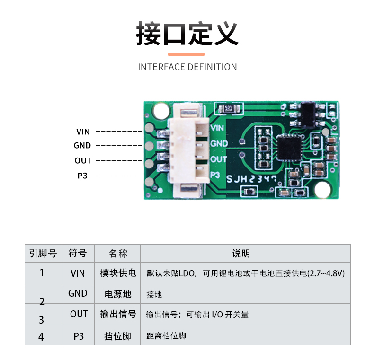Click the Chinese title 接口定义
pyautogui.click(x=187, y=33)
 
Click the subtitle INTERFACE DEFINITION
pyautogui.click(x=187, y=67)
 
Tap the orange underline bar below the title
pyautogui.click(x=187, y=54)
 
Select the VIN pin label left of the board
pyautogui.click(x=83, y=132)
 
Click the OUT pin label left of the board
pyautogui.click(x=83, y=161)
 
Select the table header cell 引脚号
pyautogui.click(x=43, y=254)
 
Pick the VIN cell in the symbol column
pyautogui.click(x=78, y=273)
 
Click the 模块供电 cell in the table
pyautogui.click(x=118, y=273)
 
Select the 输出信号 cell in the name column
pyautogui.click(x=118, y=314)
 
